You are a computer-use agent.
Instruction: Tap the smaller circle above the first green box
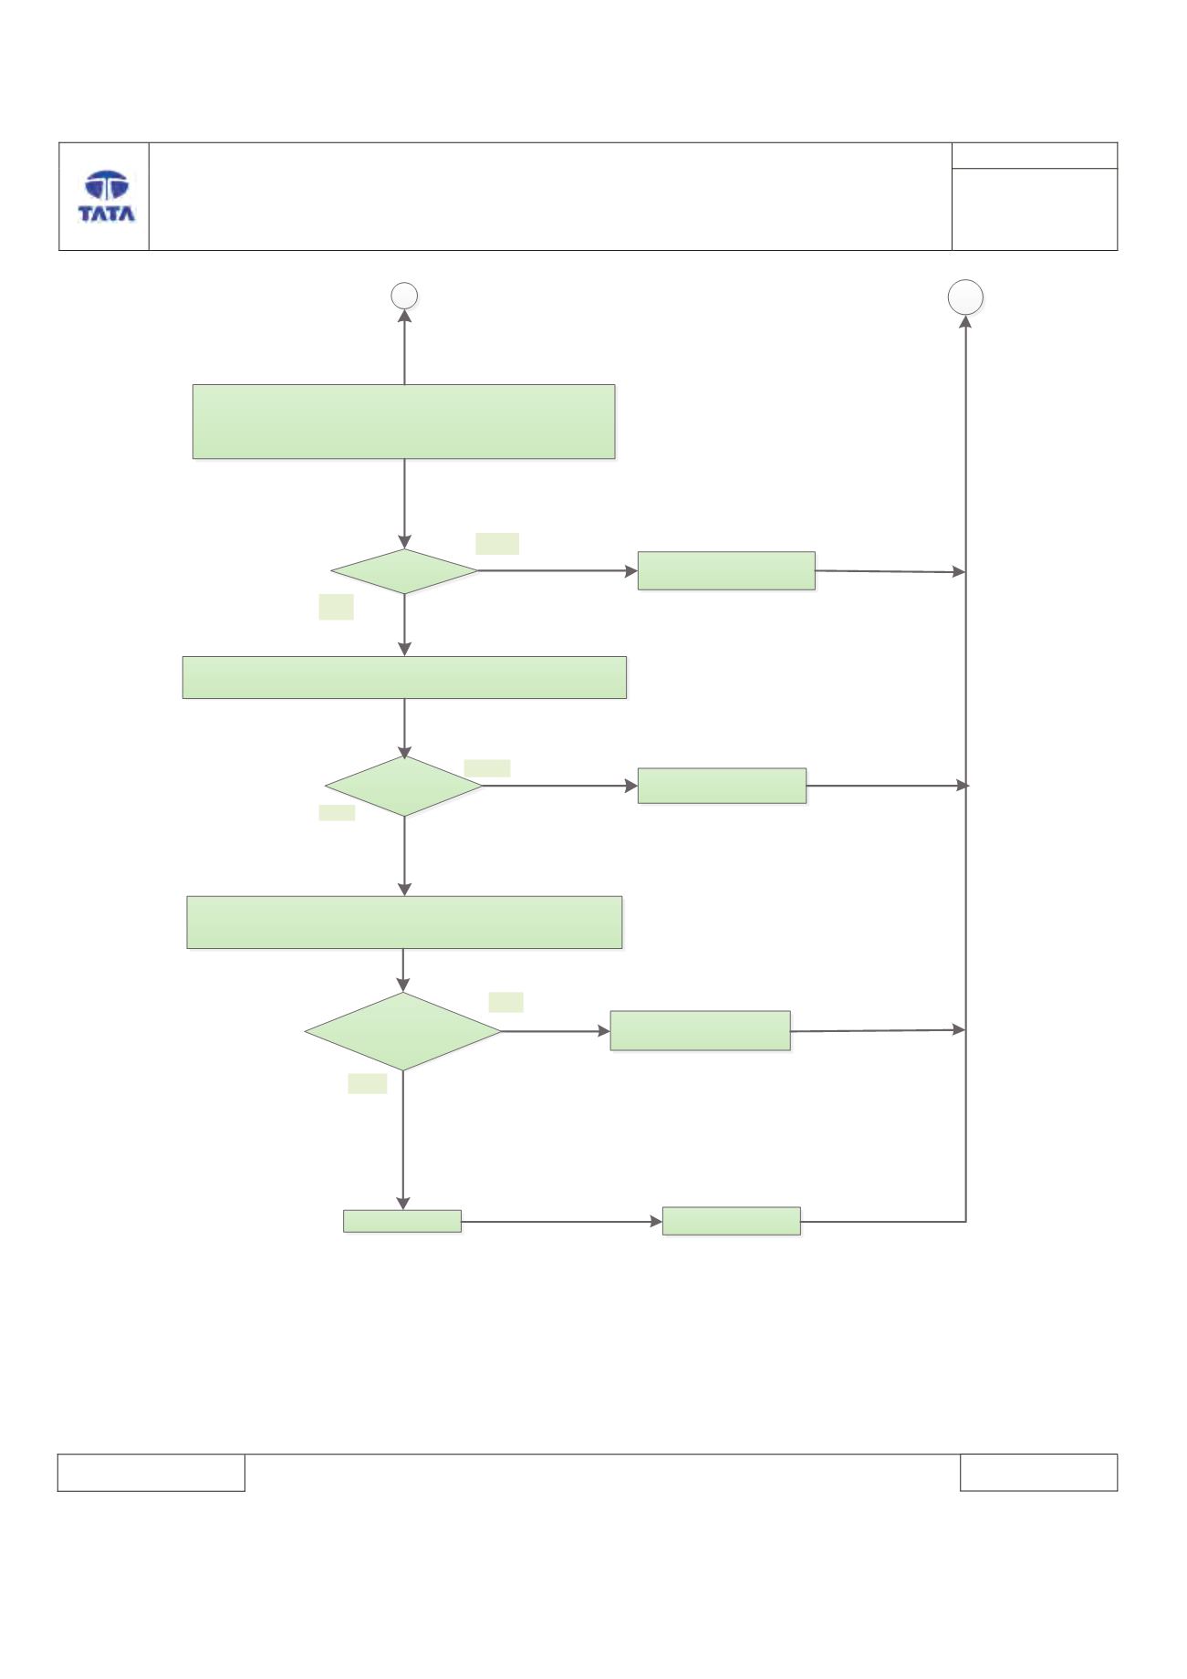tap(404, 296)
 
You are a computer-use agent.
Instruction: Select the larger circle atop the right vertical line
tap(965, 297)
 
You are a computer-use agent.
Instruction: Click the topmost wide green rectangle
tap(404, 422)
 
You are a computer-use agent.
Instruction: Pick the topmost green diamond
tap(404, 571)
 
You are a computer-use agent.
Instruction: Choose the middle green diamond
tap(404, 786)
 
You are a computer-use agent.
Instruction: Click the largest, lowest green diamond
tap(403, 1032)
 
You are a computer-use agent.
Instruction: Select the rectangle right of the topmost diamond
tap(726, 570)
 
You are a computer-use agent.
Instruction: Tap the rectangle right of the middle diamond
tap(722, 786)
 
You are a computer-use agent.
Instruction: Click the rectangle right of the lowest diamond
tap(700, 1031)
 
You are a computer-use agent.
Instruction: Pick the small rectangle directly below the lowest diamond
tap(402, 1221)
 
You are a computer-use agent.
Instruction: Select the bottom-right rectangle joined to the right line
tap(731, 1221)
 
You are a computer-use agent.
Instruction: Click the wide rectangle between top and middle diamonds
tap(404, 677)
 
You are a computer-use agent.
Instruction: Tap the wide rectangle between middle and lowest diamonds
tap(404, 923)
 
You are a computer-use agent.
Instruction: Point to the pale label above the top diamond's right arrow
tap(497, 544)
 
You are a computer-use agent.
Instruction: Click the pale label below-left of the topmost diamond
tap(336, 608)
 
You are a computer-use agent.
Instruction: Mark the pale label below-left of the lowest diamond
tap(367, 1083)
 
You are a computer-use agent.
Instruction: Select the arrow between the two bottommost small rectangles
tap(562, 1221)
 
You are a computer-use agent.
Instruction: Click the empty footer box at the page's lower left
tap(151, 1473)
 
